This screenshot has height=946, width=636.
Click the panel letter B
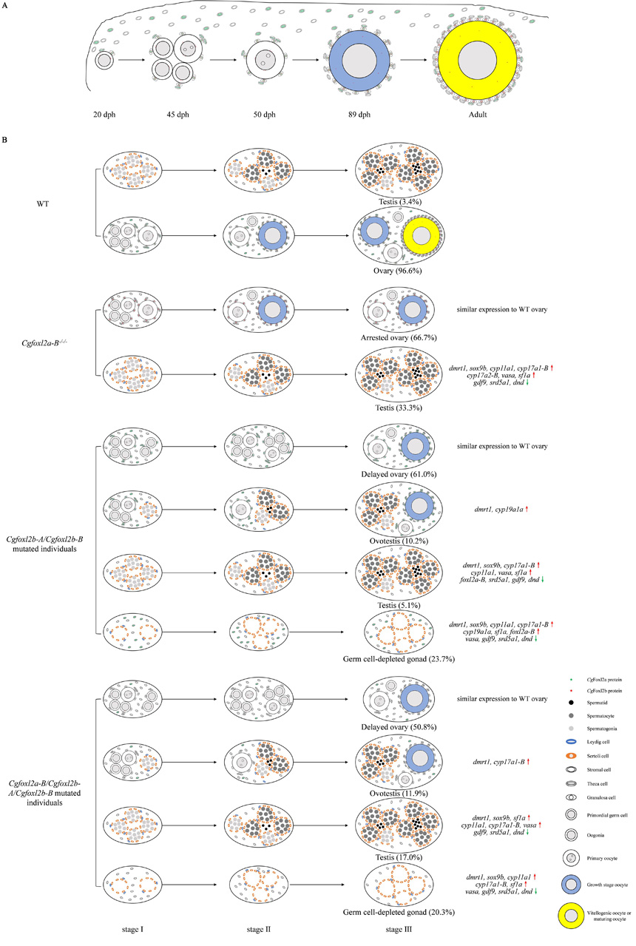7,138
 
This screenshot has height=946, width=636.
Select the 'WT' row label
52,198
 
